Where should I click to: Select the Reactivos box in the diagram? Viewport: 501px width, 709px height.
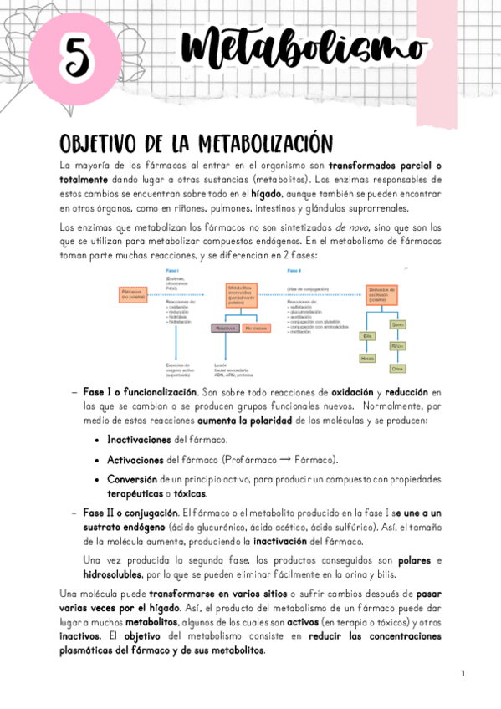tap(225, 329)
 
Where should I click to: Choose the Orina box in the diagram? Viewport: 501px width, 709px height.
tap(397, 368)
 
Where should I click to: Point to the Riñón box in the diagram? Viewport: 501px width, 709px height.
tap(397, 345)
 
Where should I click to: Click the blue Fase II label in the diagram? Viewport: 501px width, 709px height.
tap(294, 271)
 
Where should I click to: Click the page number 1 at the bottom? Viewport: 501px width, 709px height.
tap(462, 673)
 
